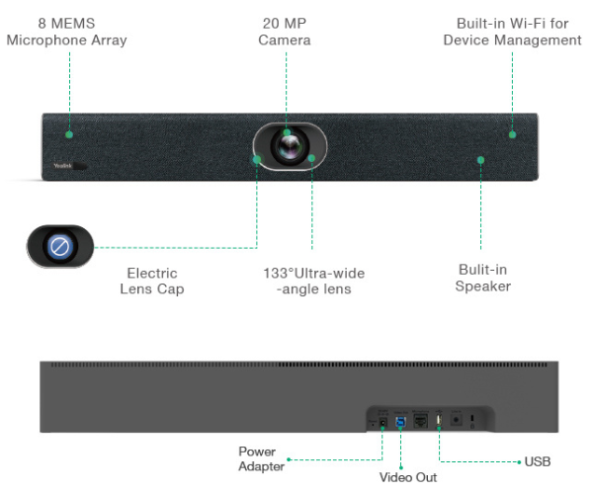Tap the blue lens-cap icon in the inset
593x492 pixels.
pos(60,246)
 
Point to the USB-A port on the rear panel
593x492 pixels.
pos(439,420)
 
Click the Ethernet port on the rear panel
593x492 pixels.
pos(419,421)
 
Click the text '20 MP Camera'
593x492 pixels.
pos(285,32)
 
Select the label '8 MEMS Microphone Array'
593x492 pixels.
pos(66,32)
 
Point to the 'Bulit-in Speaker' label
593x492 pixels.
pos(482,277)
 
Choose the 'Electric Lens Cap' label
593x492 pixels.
pos(152,281)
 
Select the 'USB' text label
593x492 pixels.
pos(538,461)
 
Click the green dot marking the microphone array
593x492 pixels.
pos(69,133)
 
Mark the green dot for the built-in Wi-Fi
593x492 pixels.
pos(511,133)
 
